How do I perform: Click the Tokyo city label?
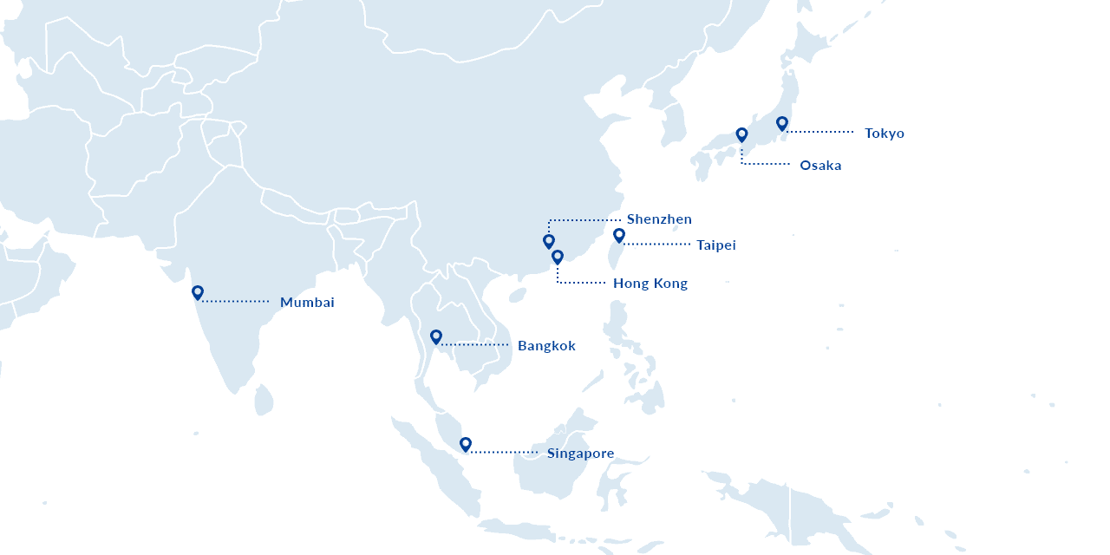point(884,134)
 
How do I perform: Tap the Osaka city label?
point(819,166)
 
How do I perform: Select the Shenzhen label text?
point(659,219)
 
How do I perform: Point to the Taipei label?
point(715,245)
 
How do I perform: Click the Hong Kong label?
point(650,284)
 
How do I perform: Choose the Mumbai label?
point(306,303)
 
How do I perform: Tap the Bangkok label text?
point(546,346)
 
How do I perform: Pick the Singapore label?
point(580,454)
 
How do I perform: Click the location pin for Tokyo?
point(782,123)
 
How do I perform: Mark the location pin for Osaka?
point(741,134)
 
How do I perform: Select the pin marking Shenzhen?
point(549,241)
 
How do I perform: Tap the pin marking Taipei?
point(619,235)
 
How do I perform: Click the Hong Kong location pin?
point(558,257)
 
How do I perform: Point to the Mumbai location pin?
point(198,292)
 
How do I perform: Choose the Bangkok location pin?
point(436,336)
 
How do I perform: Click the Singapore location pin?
point(466,444)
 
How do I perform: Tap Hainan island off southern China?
point(518,295)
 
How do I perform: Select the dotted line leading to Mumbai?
point(236,302)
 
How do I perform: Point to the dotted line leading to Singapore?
point(503,453)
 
